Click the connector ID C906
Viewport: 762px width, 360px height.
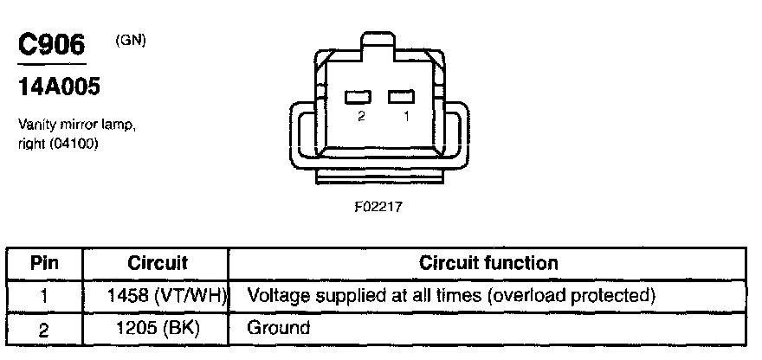(51, 45)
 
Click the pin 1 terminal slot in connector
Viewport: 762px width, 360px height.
(401, 96)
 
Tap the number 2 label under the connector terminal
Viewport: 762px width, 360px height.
(361, 116)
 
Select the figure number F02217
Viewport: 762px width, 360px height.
(378, 208)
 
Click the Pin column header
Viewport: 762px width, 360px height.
(44, 263)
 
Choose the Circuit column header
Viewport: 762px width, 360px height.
(158, 263)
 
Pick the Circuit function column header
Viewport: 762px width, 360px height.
(488, 263)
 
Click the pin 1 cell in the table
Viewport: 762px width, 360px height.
(44, 296)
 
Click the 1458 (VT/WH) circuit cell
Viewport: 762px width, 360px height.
(165, 296)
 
